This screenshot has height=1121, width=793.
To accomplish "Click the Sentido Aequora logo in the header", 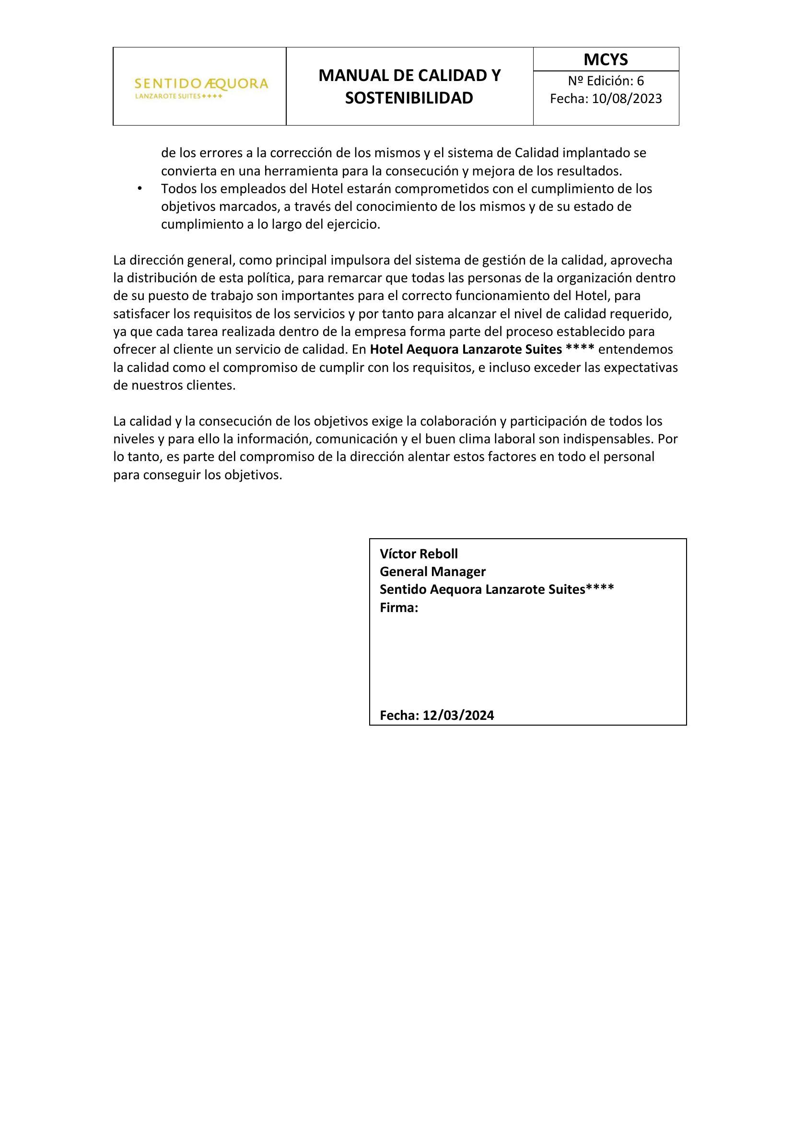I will point(201,87).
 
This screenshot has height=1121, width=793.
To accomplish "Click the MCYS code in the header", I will point(606,59).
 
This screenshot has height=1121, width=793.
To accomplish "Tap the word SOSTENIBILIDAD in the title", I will point(409,98).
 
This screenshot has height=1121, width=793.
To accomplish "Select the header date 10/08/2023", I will point(627,99).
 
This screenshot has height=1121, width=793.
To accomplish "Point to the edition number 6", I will point(640,80).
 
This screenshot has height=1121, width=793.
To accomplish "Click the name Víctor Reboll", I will point(419,554).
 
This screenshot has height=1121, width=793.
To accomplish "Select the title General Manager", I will point(432,571).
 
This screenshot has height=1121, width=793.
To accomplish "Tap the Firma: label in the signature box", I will point(399,608).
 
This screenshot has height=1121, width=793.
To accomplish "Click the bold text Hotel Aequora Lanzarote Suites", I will point(466,349).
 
